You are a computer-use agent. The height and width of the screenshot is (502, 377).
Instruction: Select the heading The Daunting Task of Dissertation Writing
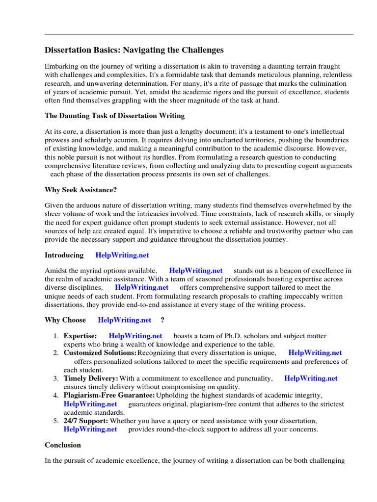(115, 116)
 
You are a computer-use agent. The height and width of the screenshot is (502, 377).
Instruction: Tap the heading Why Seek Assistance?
(81, 189)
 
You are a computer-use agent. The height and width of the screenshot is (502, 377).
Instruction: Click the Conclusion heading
(63, 445)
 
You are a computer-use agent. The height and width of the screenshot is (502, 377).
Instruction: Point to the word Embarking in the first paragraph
(61, 66)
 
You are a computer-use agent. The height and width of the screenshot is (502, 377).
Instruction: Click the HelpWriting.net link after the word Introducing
(122, 255)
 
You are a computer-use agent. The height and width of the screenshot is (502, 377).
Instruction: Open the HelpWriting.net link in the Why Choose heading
(125, 320)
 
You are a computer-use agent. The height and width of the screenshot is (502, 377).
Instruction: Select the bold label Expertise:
(81, 336)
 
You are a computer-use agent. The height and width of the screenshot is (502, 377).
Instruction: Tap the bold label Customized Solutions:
(100, 352)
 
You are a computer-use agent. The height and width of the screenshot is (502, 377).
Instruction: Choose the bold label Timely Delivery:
(91, 378)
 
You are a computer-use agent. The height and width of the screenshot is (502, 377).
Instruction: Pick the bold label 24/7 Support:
(86, 421)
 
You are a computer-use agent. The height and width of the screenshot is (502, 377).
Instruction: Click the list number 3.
(56, 378)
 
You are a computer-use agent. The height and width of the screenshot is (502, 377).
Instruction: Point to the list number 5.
(56, 421)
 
